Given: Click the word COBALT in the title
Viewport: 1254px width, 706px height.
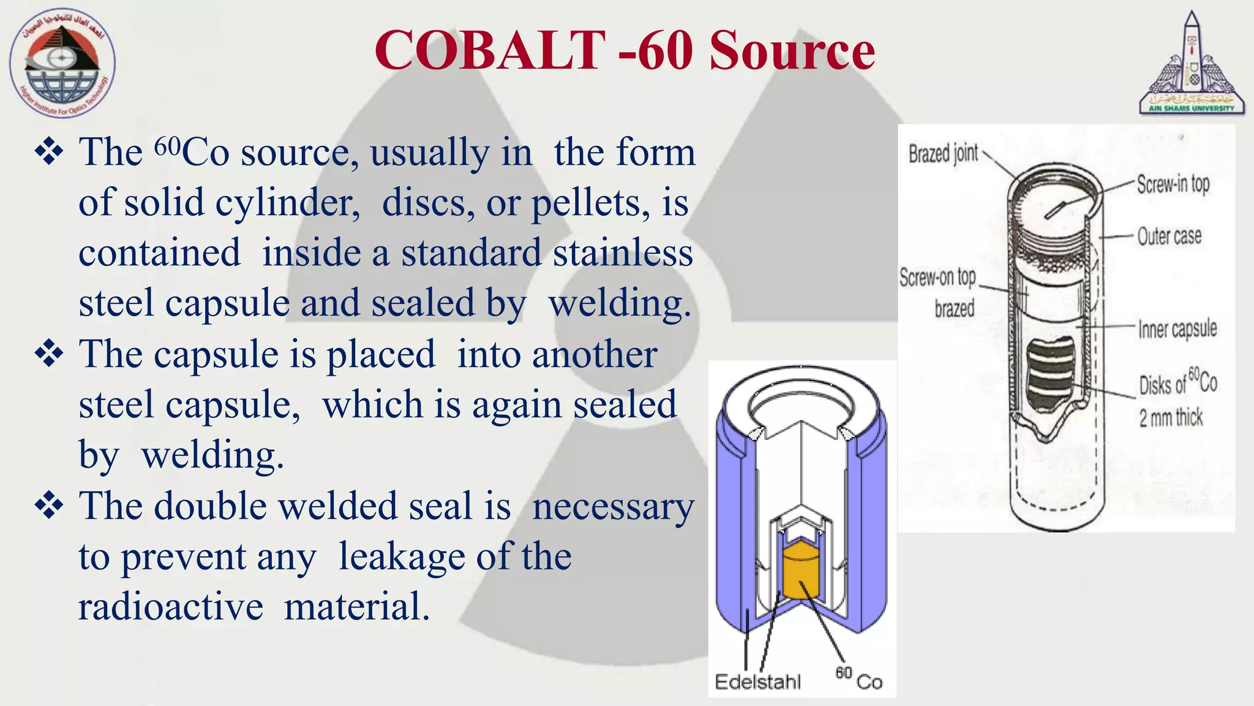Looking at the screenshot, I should click(x=490, y=50).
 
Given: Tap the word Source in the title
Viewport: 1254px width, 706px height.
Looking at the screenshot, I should click(x=792, y=50).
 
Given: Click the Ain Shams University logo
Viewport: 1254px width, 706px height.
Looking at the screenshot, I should click(x=1192, y=64).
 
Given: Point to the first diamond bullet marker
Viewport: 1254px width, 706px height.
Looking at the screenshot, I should click(x=50, y=151).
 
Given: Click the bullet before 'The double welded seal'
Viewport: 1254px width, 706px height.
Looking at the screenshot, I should click(x=50, y=506).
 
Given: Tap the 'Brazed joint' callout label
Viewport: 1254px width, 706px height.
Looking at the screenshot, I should click(x=943, y=153).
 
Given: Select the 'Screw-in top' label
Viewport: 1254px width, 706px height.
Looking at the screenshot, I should click(x=1173, y=184).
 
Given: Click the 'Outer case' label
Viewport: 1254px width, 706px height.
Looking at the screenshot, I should click(x=1169, y=236).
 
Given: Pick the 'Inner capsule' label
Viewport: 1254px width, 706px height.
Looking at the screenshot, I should click(x=1177, y=329).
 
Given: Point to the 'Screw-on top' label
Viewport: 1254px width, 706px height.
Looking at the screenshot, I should click(x=937, y=278).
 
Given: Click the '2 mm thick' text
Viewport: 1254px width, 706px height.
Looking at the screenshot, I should click(x=1170, y=418).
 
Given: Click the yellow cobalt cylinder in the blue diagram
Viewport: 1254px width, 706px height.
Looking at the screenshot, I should click(x=801, y=570).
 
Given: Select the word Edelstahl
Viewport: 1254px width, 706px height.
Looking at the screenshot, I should click(x=757, y=681).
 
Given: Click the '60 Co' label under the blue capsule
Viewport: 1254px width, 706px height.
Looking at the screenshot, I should click(x=858, y=679).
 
